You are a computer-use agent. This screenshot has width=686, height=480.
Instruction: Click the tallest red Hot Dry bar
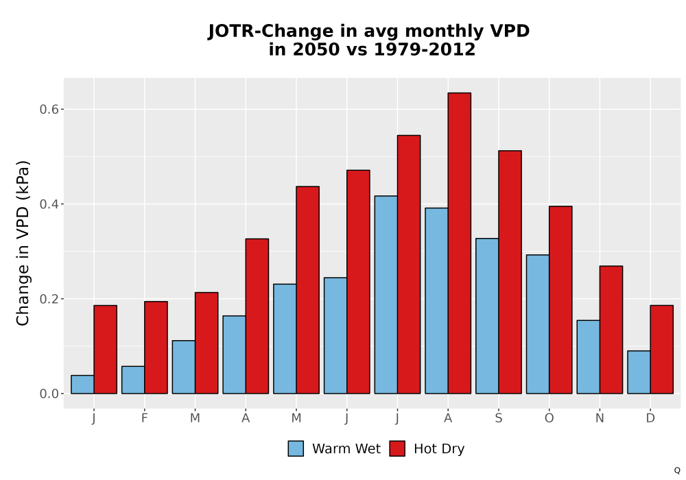point(460,243)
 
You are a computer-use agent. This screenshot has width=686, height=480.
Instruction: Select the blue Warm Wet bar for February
point(133,380)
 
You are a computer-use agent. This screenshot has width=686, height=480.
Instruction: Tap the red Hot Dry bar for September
point(510,272)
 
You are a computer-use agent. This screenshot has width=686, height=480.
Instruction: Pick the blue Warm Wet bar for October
point(538,324)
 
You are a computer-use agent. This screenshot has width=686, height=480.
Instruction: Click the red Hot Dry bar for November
point(611,330)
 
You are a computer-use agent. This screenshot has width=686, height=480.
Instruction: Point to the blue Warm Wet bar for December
point(639,372)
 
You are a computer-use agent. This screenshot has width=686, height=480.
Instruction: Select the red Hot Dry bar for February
point(156,348)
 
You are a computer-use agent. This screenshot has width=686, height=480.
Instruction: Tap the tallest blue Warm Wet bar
point(386,295)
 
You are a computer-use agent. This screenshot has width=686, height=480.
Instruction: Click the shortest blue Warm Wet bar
point(82,384)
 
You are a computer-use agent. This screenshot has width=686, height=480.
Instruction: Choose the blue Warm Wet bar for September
point(487,316)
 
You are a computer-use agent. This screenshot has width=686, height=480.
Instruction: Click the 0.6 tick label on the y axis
point(49,109)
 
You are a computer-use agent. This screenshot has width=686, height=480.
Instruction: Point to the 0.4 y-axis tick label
point(49,204)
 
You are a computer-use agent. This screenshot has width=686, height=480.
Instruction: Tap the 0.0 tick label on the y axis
point(49,394)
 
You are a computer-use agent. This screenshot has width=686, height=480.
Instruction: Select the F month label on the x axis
point(144,418)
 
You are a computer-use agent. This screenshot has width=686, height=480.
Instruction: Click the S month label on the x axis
point(499,418)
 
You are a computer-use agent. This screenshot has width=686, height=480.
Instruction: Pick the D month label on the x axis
point(650,418)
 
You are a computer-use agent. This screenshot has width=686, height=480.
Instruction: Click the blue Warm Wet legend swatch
point(296,448)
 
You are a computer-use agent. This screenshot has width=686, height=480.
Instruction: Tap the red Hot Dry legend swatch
point(397,448)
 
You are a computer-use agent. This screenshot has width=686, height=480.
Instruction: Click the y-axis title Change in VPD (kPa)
point(23,243)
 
